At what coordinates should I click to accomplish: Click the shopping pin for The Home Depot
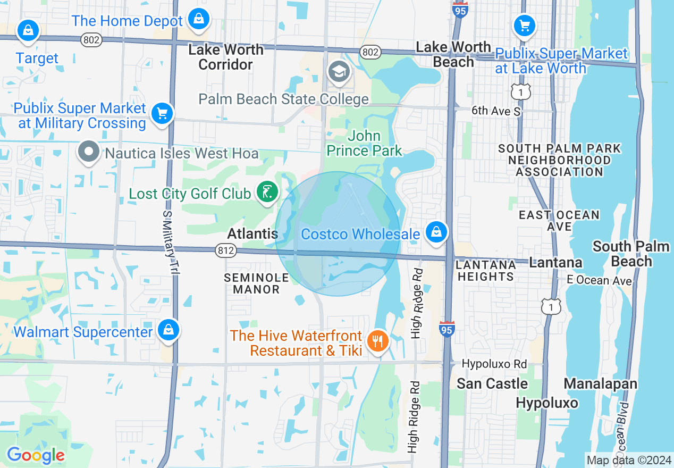[x=198, y=19]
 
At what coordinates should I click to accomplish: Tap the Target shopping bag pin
[x=27, y=30]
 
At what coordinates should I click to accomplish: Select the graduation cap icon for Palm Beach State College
[x=339, y=71]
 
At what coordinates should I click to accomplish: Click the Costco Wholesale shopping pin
[x=436, y=232]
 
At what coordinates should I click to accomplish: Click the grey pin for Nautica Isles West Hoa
[x=89, y=152]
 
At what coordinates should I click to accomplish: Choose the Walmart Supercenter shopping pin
[x=168, y=330]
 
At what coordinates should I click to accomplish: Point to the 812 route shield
[x=226, y=249]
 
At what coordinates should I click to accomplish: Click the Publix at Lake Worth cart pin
[x=524, y=25]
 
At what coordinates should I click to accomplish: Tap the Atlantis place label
[x=252, y=233]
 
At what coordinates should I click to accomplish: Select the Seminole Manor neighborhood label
[x=256, y=283]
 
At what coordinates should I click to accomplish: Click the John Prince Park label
[x=364, y=144]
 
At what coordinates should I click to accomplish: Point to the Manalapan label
[x=600, y=383]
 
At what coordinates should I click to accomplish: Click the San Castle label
[x=492, y=383]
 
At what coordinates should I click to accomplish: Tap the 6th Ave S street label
[x=496, y=111]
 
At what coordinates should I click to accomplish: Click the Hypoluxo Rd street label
[x=494, y=364]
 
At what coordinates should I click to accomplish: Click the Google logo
[x=35, y=455]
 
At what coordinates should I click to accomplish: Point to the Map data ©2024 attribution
[x=628, y=460]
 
